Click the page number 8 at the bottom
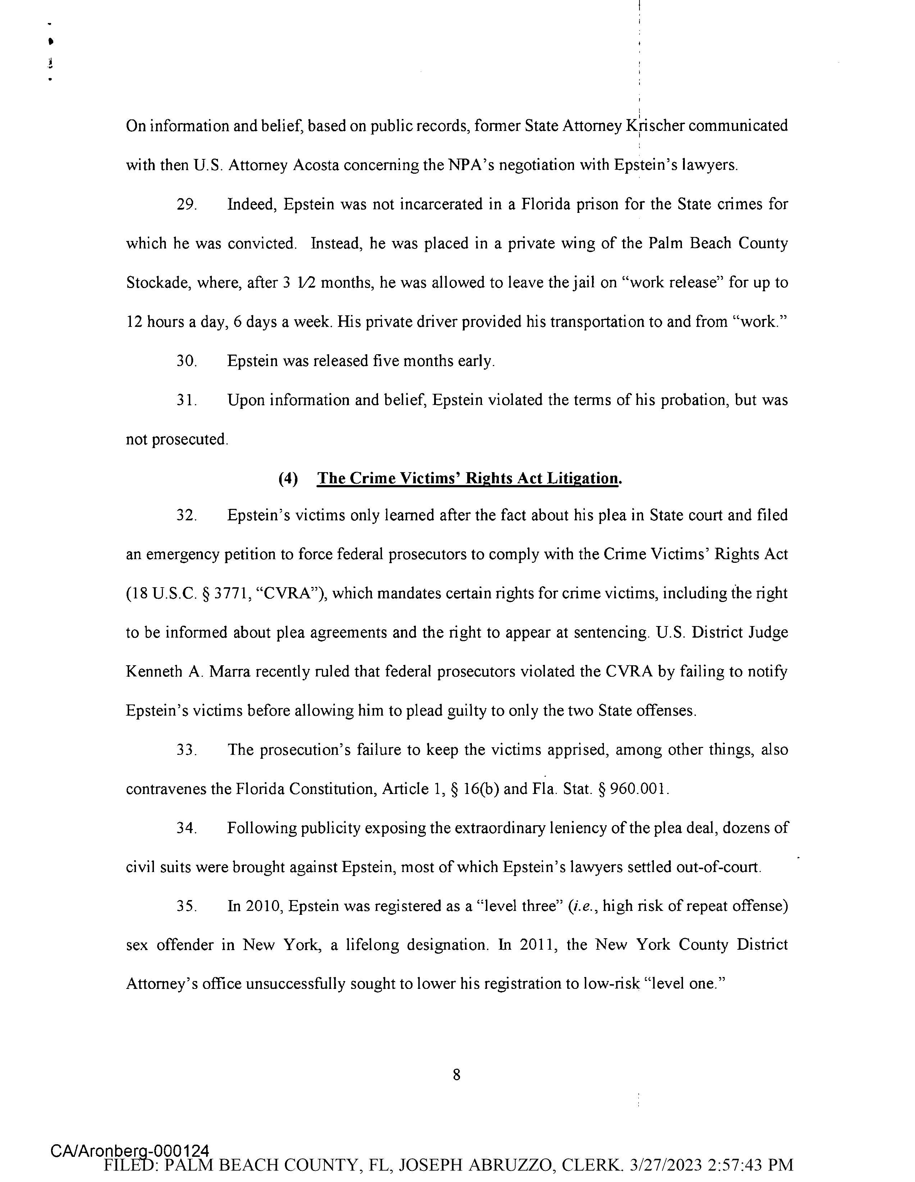[456, 1075]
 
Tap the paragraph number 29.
[186, 205]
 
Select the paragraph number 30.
[186, 361]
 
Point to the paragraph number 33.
[186, 750]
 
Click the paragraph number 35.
[186, 907]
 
